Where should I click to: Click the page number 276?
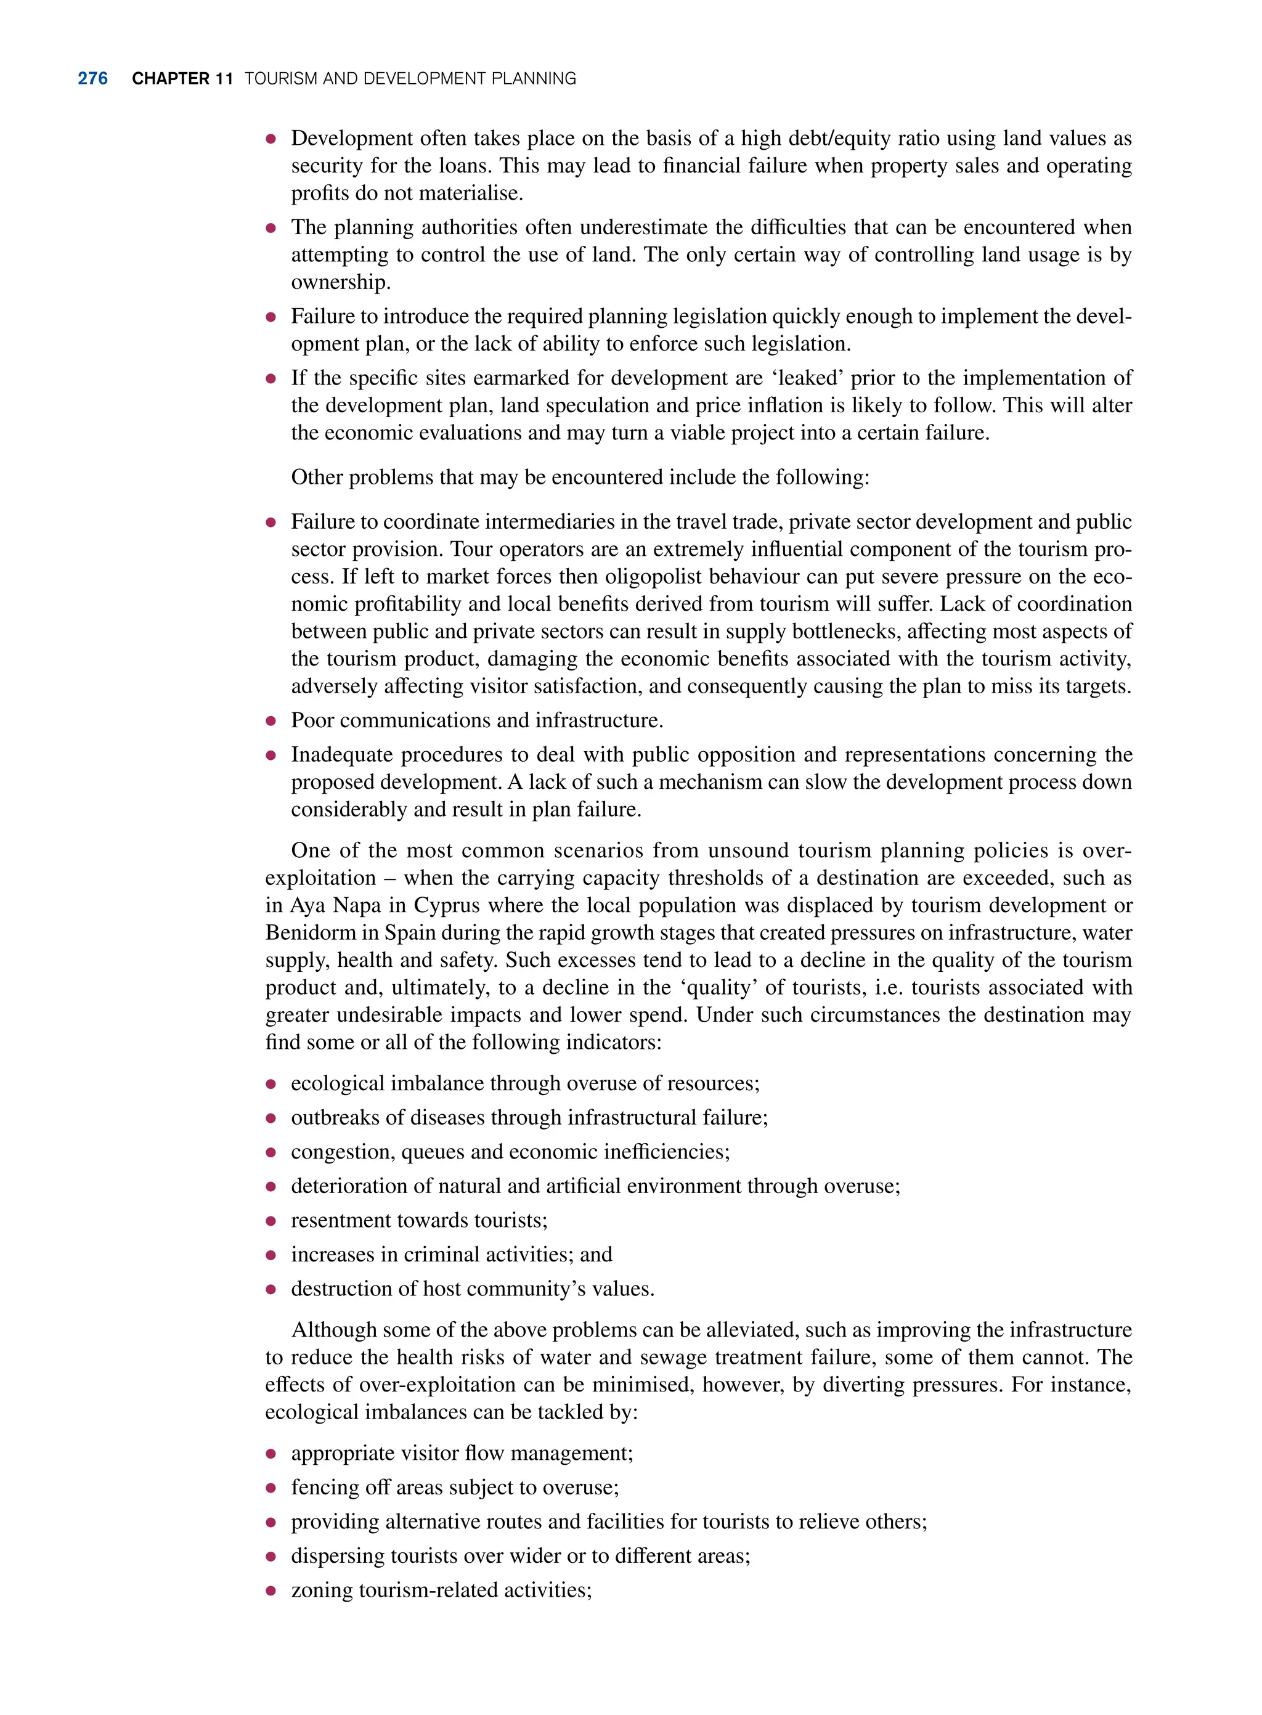click(x=92, y=79)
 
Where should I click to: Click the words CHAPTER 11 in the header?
click(x=182, y=79)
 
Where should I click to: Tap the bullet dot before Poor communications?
click(x=270, y=720)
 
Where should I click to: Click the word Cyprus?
click(x=447, y=905)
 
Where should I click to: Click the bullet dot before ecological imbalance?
click(x=270, y=1084)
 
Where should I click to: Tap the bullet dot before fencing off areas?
click(x=270, y=1488)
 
